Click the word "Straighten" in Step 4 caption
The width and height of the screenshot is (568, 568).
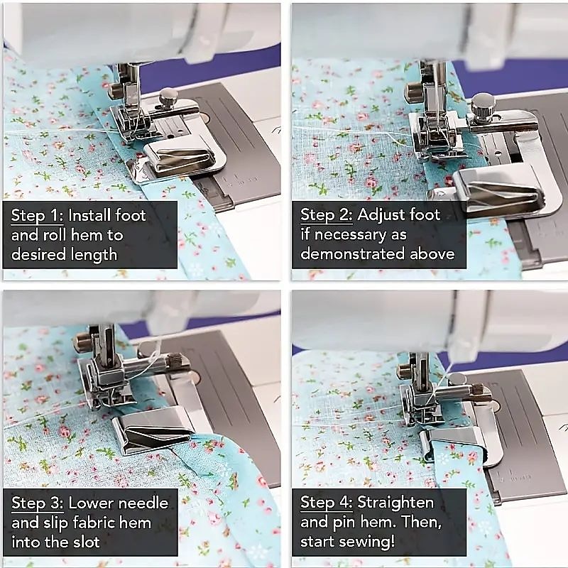pyautogui.click(x=395, y=503)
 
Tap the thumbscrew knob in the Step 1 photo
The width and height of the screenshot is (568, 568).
pyautogui.click(x=168, y=97)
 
